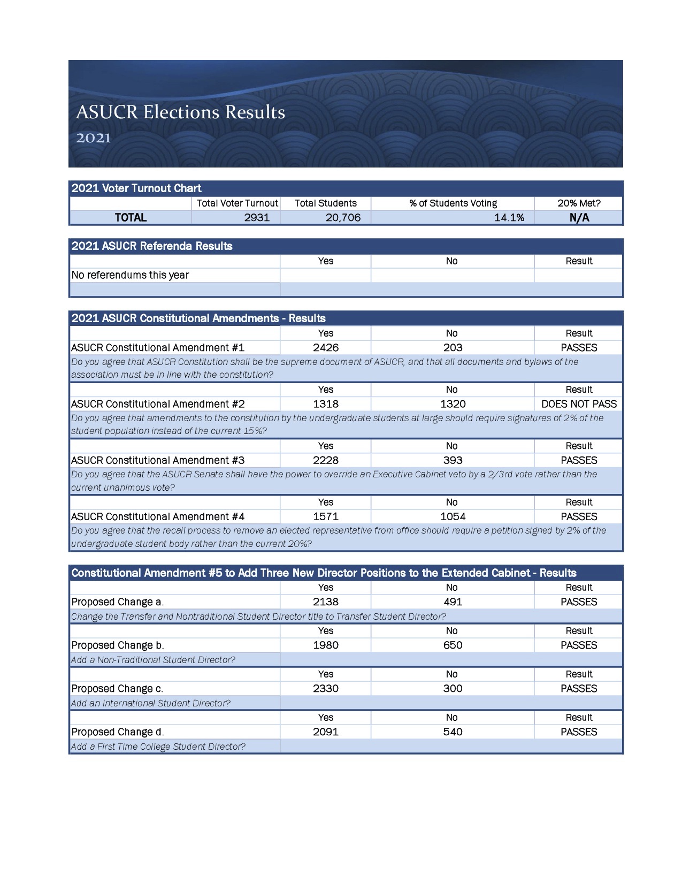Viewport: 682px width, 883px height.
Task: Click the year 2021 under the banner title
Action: coord(93,138)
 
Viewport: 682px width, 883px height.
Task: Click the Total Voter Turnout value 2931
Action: coord(257,217)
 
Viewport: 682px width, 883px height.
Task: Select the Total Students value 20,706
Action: coord(343,217)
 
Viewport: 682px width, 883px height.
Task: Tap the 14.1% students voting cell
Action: coord(509,217)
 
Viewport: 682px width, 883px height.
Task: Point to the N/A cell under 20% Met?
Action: coord(579,217)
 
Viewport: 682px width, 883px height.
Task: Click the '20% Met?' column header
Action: coord(579,203)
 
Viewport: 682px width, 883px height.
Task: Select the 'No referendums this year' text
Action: coord(130,275)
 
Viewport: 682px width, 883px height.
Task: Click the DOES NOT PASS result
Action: coord(579,404)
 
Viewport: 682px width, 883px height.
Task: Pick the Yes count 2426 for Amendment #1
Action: coord(326,347)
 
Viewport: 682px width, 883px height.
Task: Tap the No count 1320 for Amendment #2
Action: coord(453,404)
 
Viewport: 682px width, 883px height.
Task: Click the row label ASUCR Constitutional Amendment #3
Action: coord(158,460)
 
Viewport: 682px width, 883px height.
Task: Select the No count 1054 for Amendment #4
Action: coord(453,516)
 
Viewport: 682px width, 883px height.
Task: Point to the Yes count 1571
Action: coord(326,516)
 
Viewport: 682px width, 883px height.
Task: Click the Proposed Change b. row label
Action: coord(118,645)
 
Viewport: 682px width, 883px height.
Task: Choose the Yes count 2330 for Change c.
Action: coord(326,689)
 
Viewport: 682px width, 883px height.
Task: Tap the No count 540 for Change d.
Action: coord(453,732)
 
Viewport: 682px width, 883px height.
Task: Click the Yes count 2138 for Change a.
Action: coord(326,602)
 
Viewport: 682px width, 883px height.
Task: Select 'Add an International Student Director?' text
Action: coord(151,703)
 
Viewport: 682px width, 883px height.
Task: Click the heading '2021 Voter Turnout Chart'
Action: coord(136,188)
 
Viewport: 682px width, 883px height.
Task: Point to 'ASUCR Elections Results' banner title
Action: coord(180,112)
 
